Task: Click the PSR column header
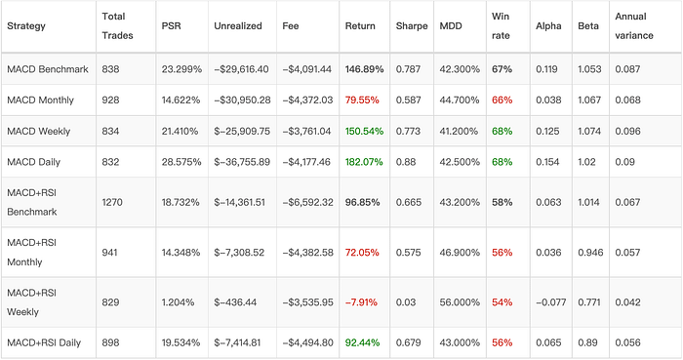171,25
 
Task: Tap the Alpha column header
547,25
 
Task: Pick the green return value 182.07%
364,162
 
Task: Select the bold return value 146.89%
364,69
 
